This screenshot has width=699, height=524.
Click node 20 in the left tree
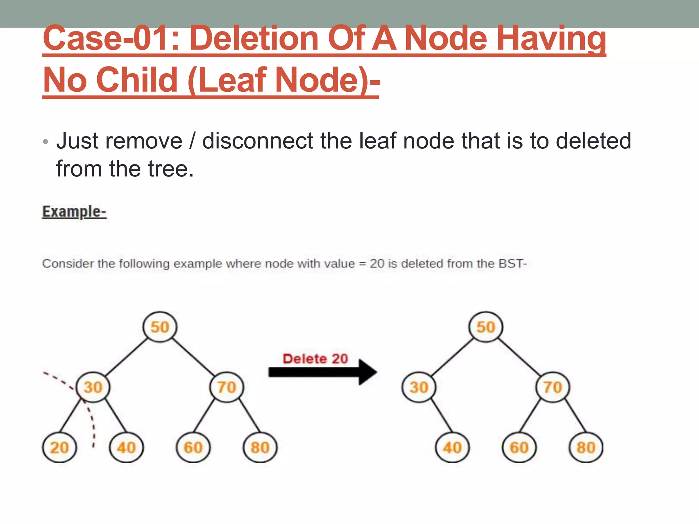[60, 447]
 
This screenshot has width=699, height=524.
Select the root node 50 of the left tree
[160, 327]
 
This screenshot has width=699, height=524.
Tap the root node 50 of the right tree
[486, 327]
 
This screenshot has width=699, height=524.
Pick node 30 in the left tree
[93, 387]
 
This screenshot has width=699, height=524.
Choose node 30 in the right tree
[419, 387]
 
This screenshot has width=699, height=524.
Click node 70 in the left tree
[227, 387]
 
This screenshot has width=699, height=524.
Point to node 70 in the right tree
[553, 387]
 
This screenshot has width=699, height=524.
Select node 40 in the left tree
[126, 447]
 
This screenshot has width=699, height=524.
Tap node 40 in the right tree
[452, 447]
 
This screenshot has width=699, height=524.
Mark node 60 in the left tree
[193, 447]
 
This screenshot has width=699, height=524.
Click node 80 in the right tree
[586, 447]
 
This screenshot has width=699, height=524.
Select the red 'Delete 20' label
[315, 359]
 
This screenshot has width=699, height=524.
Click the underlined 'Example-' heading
[74, 212]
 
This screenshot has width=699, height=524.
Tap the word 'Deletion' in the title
[253, 39]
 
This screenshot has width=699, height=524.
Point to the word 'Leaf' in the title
[231, 80]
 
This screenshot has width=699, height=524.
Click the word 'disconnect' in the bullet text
[258, 141]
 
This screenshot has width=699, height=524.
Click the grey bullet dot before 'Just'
[46, 142]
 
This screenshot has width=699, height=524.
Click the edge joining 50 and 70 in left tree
[194, 357]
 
